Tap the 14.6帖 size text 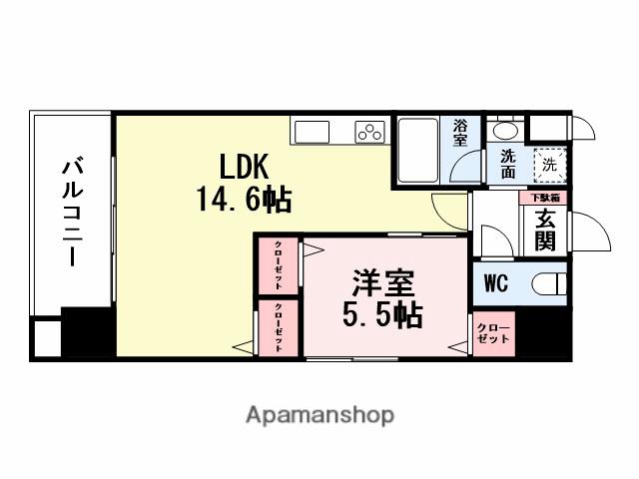[x=244, y=200]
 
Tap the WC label [x=496, y=283]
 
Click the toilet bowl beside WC [x=548, y=283]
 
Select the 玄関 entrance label [x=545, y=231]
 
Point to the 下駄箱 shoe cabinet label [x=545, y=199]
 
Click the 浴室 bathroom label [x=460, y=133]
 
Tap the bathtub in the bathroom [x=417, y=152]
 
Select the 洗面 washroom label [x=509, y=164]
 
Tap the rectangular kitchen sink [x=310, y=132]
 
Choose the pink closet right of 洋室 [x=491, y=333]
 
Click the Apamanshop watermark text [x=319, y=414]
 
